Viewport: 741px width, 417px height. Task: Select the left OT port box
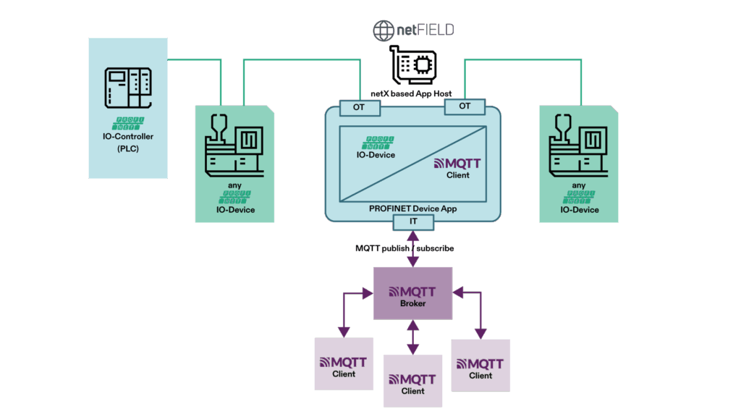pos(359,107)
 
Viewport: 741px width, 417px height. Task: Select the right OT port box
pos(465,106)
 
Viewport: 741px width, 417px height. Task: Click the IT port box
pos(412,221)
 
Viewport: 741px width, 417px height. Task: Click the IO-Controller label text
pos(128,136)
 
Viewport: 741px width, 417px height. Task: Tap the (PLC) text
pos(128,149)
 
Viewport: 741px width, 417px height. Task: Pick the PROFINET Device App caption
pos(412,208)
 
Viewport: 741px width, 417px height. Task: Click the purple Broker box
pos(412,293)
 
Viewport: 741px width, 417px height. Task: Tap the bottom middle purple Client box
pos(412,380)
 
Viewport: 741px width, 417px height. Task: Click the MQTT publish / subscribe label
pos(405,248)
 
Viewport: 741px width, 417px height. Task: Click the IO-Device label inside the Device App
pos(376,154)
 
